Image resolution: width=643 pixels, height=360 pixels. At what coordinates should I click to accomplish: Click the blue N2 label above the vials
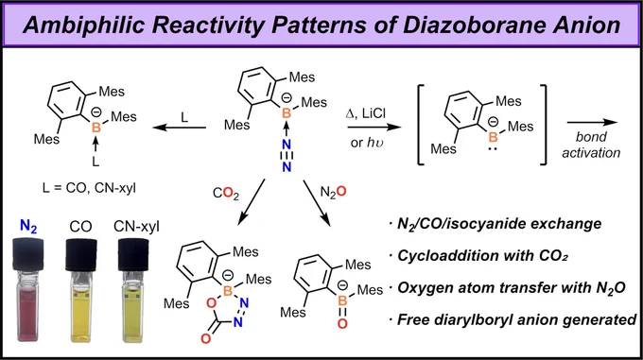tap(28, 226)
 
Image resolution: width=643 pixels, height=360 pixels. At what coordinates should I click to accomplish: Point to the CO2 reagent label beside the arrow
tap(226, 193)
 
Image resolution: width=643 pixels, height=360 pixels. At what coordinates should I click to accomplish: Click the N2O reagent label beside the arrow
tap(333, 192)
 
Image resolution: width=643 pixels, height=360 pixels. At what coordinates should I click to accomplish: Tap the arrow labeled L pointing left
tap(180, 128)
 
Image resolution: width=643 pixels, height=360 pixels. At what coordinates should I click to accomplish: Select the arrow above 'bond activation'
tap(592, 122)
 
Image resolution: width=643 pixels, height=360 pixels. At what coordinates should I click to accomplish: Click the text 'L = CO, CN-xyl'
tap(89, 188)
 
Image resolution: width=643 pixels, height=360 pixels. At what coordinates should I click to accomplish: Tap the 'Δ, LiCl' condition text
tap(366, 113)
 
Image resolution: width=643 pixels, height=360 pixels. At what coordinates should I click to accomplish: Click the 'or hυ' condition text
tap(367, 143)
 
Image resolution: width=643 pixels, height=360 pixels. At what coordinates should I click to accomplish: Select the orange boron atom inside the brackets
tap(493, 137)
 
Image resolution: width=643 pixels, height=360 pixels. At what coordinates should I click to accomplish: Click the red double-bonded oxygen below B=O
tap(342, 324)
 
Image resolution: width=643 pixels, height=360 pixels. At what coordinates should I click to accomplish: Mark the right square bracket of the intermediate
tap(543, 125)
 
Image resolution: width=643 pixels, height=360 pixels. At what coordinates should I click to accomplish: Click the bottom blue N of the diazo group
tap(287, 166)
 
